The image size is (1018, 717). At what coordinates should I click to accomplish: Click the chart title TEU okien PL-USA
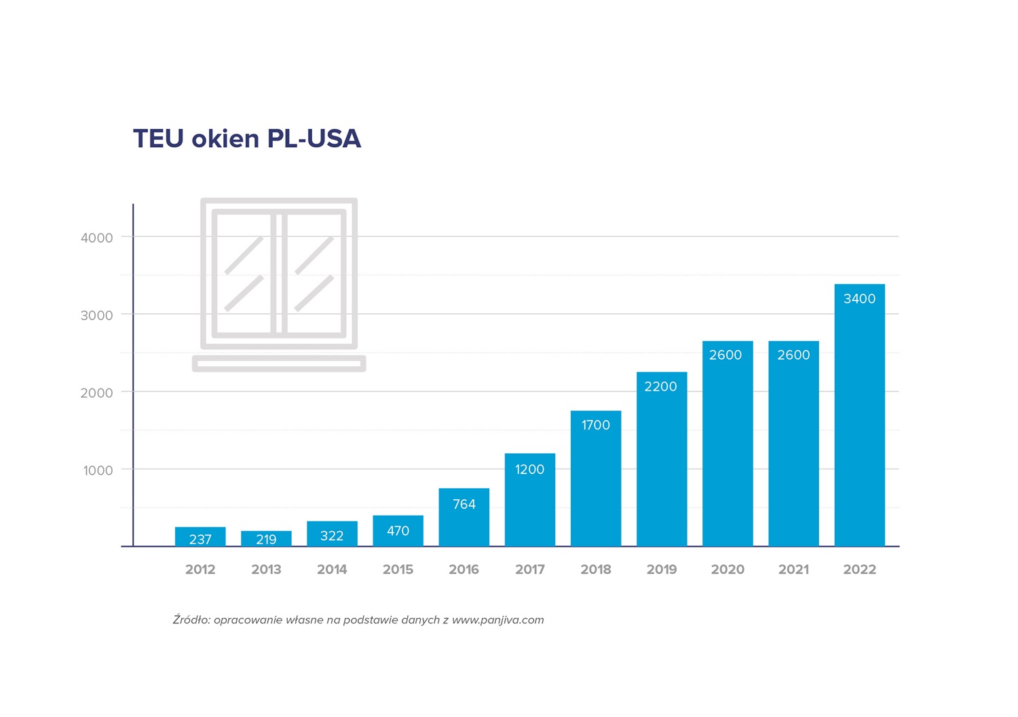pos(247,138)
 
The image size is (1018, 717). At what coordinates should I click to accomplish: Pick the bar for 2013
pos(266,539)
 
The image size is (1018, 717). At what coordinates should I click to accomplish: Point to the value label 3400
pos(859,299)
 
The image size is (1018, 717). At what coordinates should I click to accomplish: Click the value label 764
pos(464,505)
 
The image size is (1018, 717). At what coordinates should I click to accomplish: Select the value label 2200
pos(660,387)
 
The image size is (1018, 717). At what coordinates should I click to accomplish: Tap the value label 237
pos(200,540)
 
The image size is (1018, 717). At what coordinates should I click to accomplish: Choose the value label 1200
pos(529,469)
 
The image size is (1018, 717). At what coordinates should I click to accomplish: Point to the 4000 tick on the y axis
pos(97,238)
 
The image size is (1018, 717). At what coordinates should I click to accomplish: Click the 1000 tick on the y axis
pos(98,471)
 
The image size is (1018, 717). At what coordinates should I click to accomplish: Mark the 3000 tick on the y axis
pos(97,315)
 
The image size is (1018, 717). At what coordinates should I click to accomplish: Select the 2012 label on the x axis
pos(200,570)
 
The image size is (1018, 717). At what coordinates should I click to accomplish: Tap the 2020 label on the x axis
pos(728,570)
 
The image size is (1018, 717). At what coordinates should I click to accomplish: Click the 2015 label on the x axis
pos(398,570)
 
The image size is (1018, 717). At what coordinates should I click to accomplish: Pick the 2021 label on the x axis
pos(793,570)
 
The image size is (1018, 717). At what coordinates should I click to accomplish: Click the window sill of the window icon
pos(279,364)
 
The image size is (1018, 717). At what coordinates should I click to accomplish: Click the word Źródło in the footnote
pos(191,620)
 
